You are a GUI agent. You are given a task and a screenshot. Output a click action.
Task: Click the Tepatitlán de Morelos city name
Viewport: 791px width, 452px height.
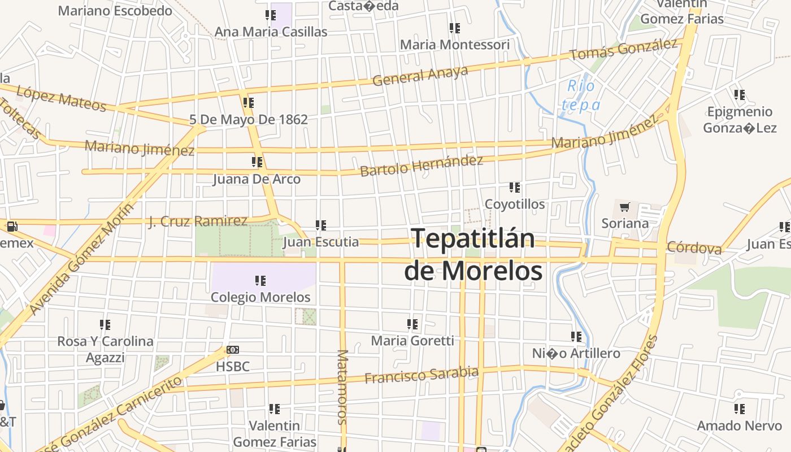coord(473,254)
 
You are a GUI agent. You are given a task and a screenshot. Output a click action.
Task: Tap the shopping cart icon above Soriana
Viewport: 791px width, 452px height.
coord(624,207)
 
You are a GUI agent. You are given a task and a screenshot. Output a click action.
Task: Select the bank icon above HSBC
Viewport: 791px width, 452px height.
coord(232,350)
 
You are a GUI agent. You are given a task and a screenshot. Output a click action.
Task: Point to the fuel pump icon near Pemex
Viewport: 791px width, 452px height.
coord(11,227)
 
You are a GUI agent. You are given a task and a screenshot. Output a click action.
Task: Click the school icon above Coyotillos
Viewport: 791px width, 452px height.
coord(514,187)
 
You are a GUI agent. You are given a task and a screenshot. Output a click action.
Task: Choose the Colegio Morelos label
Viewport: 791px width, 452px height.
coord(260,297)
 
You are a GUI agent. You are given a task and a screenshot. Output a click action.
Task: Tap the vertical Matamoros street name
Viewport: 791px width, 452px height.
coord(342,386)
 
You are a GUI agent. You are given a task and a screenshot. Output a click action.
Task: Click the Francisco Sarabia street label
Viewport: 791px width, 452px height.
coord(421,375)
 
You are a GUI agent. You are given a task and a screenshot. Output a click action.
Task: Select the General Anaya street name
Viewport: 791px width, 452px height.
coord(420,75)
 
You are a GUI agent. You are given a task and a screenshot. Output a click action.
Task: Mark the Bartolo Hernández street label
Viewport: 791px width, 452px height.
coord(421,165)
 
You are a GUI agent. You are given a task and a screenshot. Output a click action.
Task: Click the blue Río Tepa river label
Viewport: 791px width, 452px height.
coord(580,95)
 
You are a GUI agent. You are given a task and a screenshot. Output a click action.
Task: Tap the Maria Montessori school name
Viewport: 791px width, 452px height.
coord(454,44)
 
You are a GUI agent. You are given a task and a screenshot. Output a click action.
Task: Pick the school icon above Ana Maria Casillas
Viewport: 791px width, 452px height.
coord(270,15)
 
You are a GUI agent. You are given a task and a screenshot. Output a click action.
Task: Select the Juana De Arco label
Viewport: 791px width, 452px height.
coord(257,179)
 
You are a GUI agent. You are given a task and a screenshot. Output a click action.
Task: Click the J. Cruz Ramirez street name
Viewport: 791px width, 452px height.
coord(198,221)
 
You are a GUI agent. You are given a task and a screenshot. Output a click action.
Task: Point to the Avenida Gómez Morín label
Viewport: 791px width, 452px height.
coord(82,259)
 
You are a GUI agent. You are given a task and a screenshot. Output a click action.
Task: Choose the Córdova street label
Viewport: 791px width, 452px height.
coord(694,247)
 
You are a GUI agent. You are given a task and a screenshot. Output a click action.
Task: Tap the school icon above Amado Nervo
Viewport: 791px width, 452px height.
coord(739,408)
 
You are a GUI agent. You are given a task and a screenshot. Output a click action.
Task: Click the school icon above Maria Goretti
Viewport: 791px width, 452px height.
coord(412,324)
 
